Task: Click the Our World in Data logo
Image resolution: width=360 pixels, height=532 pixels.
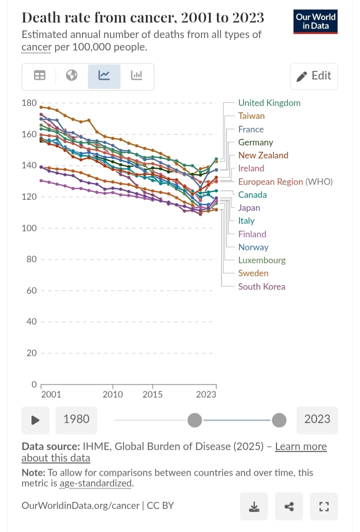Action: (315, 21)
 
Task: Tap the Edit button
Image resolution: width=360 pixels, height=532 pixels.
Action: (314, 76)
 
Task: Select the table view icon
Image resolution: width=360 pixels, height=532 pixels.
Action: (39, 76)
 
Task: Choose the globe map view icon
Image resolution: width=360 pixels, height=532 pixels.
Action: (72, 76)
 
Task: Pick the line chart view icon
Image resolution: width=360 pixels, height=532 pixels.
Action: (104, 76)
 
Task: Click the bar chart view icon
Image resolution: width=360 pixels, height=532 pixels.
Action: (136, 76)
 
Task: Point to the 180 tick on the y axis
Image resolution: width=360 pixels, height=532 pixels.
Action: (29, 103)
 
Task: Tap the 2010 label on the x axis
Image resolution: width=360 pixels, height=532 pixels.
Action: (113, 395)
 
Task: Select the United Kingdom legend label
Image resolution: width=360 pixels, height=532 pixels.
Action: (269, 103)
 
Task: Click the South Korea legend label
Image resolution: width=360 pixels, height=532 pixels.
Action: (261, 287)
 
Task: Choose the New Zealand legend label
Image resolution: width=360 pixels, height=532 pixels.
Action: (263, 155)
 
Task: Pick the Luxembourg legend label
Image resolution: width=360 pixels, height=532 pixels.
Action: (262, 260)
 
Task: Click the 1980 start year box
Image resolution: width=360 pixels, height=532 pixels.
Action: (76, 419)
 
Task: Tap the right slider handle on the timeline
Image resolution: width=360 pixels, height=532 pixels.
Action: (279, 421)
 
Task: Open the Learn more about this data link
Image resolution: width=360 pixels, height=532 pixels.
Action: (300, 447)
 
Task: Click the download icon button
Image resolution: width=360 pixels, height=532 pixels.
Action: (254, 507)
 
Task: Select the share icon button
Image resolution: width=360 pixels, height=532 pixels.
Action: (289, 507)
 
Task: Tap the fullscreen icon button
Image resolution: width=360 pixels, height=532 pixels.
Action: (324, 507)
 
